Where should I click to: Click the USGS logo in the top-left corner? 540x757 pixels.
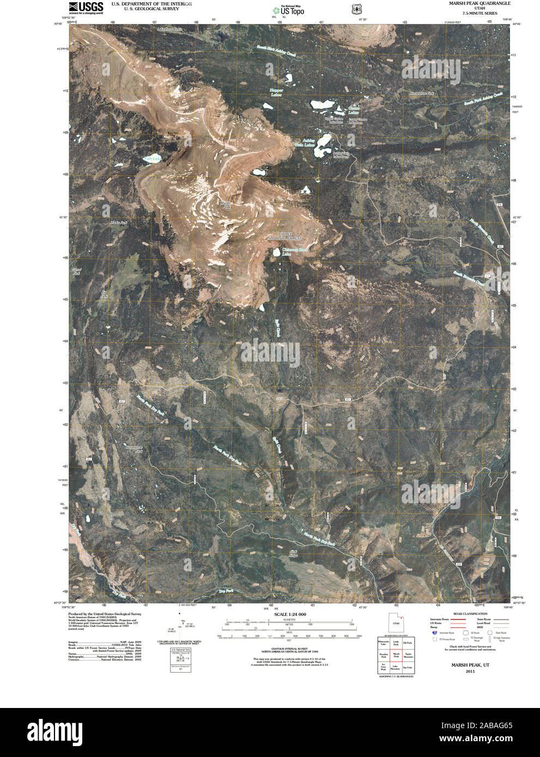coord(79,7)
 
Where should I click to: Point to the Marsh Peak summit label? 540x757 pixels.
coord(225,204)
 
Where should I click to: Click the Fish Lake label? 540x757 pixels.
coord(153,159)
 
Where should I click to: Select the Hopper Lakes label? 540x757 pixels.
coord(277,93)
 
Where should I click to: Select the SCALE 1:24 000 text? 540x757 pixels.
coord(290,614)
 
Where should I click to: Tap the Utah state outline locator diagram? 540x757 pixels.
coord(396,621)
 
